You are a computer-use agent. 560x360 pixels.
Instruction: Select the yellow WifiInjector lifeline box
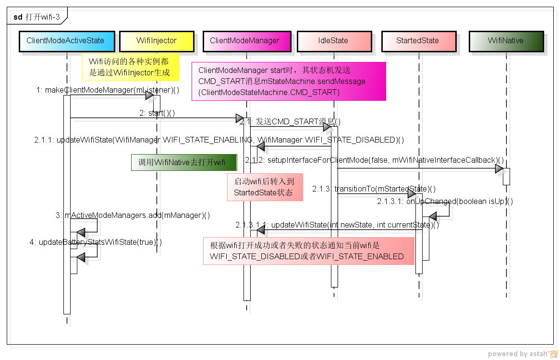coord(157,41)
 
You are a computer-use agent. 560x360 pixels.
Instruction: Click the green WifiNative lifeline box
coord(506,41)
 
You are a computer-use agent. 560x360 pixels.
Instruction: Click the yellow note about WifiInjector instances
coord(130,67)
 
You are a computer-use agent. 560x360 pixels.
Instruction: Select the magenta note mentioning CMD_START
coord(289,81)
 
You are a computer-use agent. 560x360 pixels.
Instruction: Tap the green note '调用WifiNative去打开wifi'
coord(184,162)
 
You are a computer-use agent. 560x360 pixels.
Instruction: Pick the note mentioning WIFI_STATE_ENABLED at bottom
coord(308,251)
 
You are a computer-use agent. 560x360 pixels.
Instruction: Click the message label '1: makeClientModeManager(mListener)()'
coord(108,90)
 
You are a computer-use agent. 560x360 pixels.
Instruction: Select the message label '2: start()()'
coord(157,113)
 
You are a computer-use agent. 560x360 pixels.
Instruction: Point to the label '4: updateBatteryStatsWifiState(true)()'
coord(96,242)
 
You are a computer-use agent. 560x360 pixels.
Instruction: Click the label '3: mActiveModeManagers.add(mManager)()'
coord(133,215)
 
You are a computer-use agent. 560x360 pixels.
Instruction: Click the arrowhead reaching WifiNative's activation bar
coord(499,169)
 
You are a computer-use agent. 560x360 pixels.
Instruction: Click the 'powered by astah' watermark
coord(521,354)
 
